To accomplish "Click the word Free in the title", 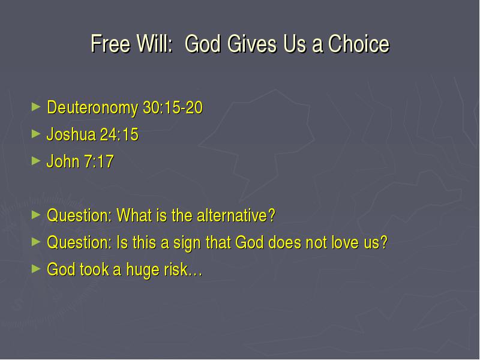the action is click(x=110, y=43).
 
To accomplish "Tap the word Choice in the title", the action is click(x=359, y=43).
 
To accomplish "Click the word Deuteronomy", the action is click(x=92, y=108).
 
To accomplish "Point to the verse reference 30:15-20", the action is click(x=173, y=107).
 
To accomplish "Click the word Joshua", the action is click(x=71, y=134).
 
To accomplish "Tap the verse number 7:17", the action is click(x=98, y=161).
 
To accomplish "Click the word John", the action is click(x=63, y=161).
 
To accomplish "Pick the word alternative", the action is click(x=236, y=215).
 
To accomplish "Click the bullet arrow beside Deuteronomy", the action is click(x=36, y=107).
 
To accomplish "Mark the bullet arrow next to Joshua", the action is click(x=36, y=134).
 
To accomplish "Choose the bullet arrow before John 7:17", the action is click(x=36, y=161).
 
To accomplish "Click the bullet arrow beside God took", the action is click(x=36, y=269).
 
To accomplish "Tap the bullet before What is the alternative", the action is click(x=36, y=215).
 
